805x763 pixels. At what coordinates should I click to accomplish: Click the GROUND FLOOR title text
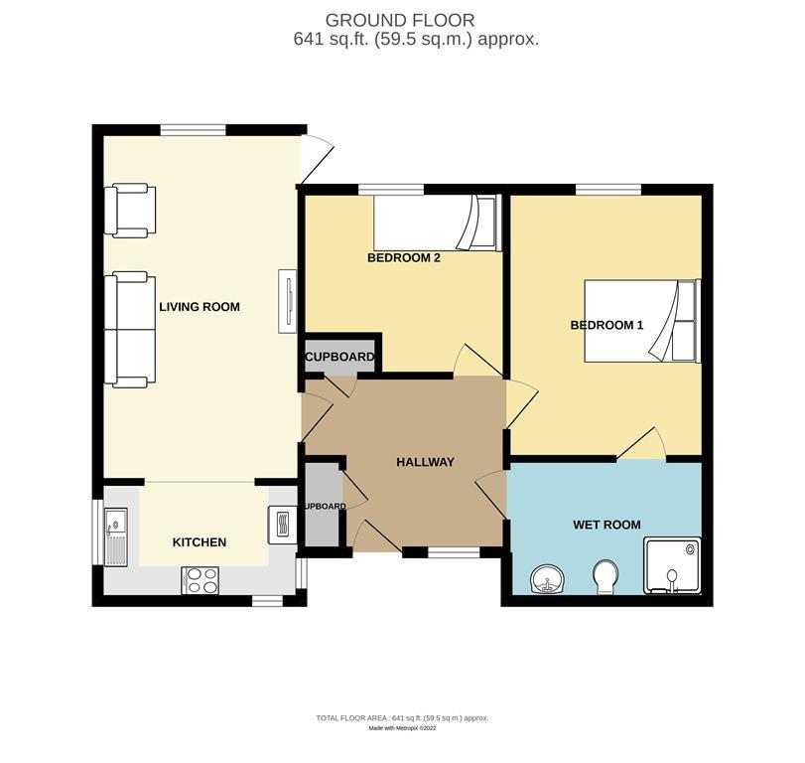coord(400,19)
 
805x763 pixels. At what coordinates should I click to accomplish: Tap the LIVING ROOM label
coord(200,307)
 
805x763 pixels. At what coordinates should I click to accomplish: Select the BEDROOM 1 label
coord(606,325)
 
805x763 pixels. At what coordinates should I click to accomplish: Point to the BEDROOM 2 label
coord(404,257)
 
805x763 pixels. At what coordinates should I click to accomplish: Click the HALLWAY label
coord(425,462)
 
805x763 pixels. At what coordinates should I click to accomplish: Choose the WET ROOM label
coord(606,525)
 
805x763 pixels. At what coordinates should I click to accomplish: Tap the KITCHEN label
coord(200,542)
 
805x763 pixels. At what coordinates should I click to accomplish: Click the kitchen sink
coord(115,534)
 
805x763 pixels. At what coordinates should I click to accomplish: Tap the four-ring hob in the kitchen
coord(200,580)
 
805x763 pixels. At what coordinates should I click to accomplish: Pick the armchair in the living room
coord(132,211)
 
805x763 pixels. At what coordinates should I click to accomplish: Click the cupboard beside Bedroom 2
coord(339,357)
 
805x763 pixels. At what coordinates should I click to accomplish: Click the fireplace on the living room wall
coord(289,300)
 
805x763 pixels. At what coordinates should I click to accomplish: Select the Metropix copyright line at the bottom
coord(401,728)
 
